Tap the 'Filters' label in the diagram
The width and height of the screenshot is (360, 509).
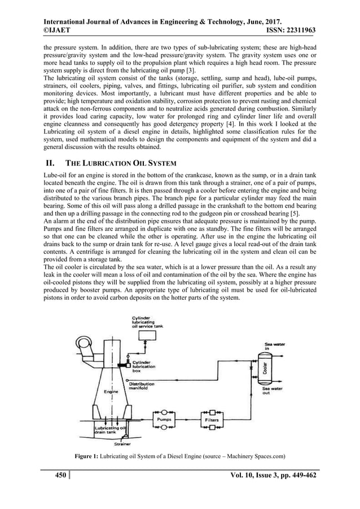tap(212, 420)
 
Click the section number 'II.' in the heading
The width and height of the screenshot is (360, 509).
tap(49, 164)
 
